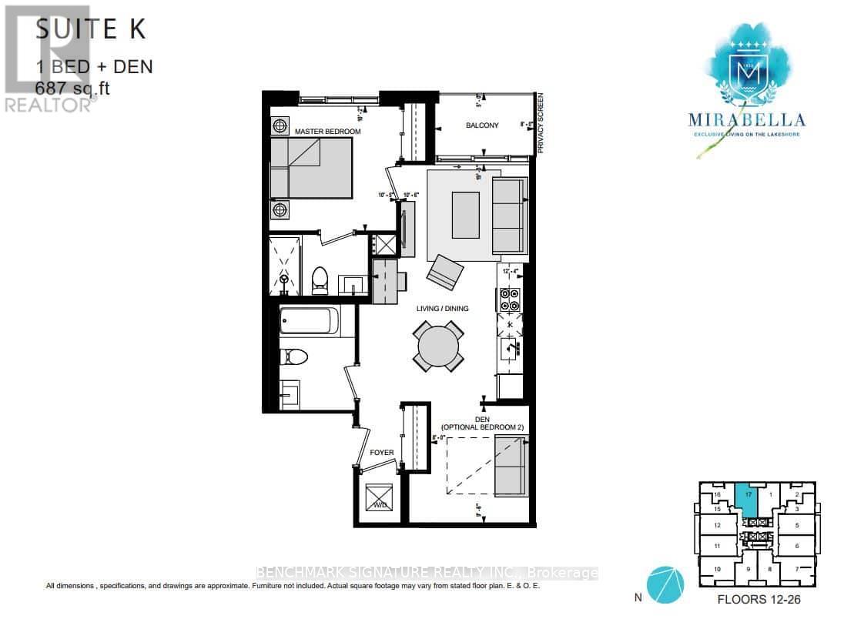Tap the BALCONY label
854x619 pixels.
point(482,125)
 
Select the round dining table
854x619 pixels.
point(439,347)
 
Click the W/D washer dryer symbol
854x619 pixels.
point(378,495)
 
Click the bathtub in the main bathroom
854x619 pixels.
point(309,321)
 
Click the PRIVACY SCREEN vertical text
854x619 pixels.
point(541,122)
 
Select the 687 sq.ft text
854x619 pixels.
point(73,89)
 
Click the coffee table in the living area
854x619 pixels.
point(465,215)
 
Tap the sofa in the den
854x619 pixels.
point(511,465)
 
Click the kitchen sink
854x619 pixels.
point(511,350)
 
